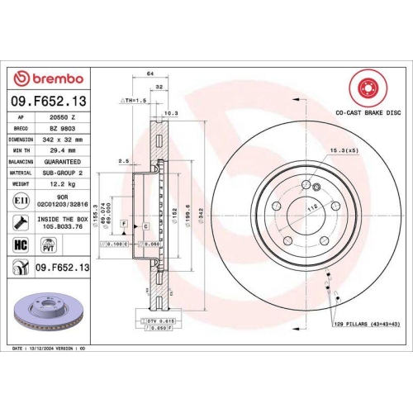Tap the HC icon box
coord(21,244)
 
